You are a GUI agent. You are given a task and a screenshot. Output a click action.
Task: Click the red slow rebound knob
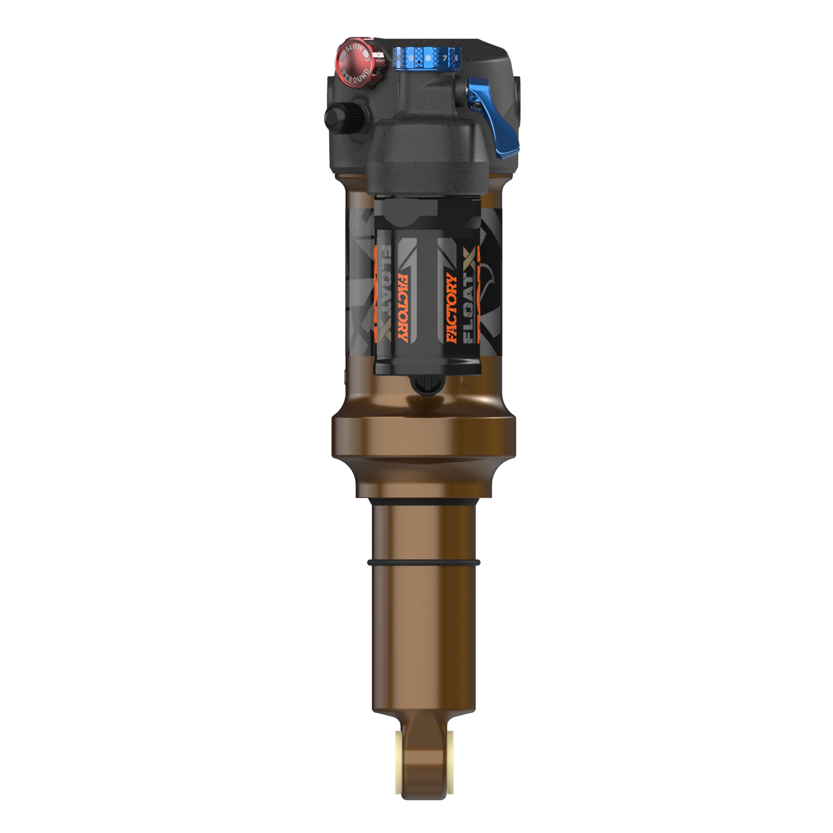[358, 62]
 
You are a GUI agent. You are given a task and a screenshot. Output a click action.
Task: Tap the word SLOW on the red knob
[354, 48]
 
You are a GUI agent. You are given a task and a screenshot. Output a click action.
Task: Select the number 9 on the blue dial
[411, 58]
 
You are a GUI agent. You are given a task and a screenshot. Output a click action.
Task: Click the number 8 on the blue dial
[428, 58]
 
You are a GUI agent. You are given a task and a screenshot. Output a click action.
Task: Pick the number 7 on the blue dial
[444, 58]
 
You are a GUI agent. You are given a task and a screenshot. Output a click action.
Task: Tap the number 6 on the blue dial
[456, 58]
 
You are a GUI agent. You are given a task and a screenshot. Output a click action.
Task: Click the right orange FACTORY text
[451, 308]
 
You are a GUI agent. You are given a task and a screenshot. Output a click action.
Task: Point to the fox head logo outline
[490, 271]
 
